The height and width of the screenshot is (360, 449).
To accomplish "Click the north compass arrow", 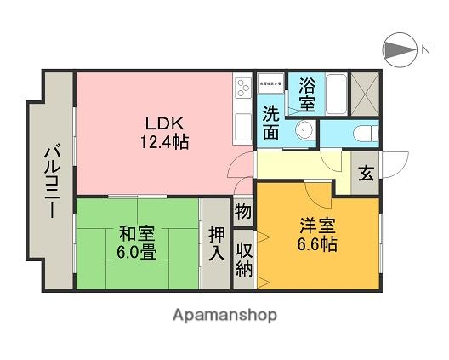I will pyautogui.click(x=397, y=49).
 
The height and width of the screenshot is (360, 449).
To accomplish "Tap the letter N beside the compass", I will pyautogui.click(x=423, y=50).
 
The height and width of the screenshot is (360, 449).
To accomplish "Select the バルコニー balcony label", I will pyautogui.click(x=52, y=184).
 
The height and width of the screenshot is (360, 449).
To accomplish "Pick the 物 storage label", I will pyautogui.click(x=242, y=210).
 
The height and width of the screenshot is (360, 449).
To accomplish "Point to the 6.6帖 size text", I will pyautogui.click(x=316, y=245).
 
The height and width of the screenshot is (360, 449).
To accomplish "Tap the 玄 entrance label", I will pyautogui.click(x=365, y=174).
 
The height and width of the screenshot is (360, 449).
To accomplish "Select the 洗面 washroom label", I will pyautogui.click(x=271, y=121).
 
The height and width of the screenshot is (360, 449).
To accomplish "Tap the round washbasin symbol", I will pyautogui.click(x=304, y=133).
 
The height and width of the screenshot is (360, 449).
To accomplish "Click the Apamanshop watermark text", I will pyautogui.click(x=224, y=315).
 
